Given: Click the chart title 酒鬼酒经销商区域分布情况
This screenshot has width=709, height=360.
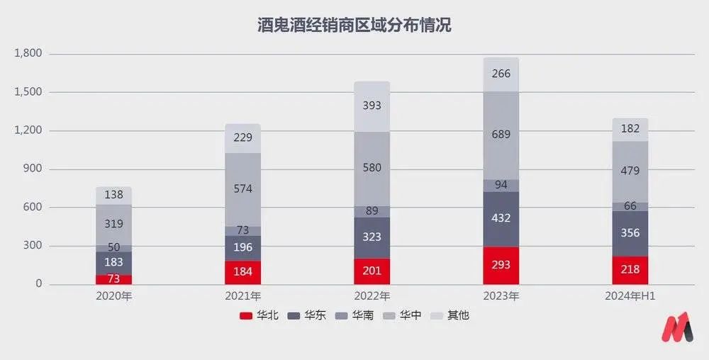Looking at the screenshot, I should point(354,26).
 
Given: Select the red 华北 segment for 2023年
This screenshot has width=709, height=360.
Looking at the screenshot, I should point(501,265).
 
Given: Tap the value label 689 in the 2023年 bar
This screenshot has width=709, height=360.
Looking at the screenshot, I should point(501,135).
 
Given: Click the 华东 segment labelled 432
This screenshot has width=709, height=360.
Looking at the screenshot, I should point(501,219).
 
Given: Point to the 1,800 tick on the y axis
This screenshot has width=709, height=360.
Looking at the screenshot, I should point(28,54).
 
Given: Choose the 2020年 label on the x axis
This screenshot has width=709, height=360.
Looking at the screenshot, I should point(113,296).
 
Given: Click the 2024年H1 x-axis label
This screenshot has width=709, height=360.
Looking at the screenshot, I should point(630,296).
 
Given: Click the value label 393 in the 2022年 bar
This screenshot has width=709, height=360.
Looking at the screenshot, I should point(372,106).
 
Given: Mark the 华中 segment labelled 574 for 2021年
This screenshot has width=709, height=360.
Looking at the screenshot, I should point(243,189).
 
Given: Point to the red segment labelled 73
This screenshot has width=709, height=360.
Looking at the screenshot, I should point(114,279).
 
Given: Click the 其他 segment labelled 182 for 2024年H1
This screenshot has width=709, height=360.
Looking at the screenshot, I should point(630,129).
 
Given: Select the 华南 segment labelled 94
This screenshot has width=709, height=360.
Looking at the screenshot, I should point(501,185).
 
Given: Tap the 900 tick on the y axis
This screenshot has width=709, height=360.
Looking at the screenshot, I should point(33,169).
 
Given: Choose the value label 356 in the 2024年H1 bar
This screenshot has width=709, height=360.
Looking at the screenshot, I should point(630,233).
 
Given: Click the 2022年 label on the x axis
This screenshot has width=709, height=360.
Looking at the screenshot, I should point(372,296).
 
